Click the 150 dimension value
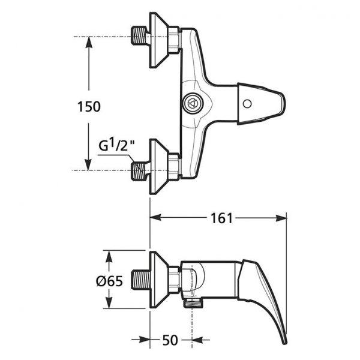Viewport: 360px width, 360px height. (89, 107)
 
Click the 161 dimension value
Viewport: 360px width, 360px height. (221, 218)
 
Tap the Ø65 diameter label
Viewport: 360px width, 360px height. (110, 281)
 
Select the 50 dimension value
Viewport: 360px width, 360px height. (170, 340)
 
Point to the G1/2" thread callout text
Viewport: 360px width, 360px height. (116, 145)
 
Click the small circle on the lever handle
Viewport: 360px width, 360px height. (247, 104)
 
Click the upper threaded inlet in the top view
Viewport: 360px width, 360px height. (139, 35)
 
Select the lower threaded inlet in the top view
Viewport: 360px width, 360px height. (139, 170)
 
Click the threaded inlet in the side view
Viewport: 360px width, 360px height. (140, 280)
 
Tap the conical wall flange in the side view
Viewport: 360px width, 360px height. (160, 280)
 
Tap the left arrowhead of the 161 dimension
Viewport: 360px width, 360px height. (155, 217)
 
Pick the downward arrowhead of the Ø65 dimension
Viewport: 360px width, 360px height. (109, 303)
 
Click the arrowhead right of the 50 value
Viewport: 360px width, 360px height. (197, 340)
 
